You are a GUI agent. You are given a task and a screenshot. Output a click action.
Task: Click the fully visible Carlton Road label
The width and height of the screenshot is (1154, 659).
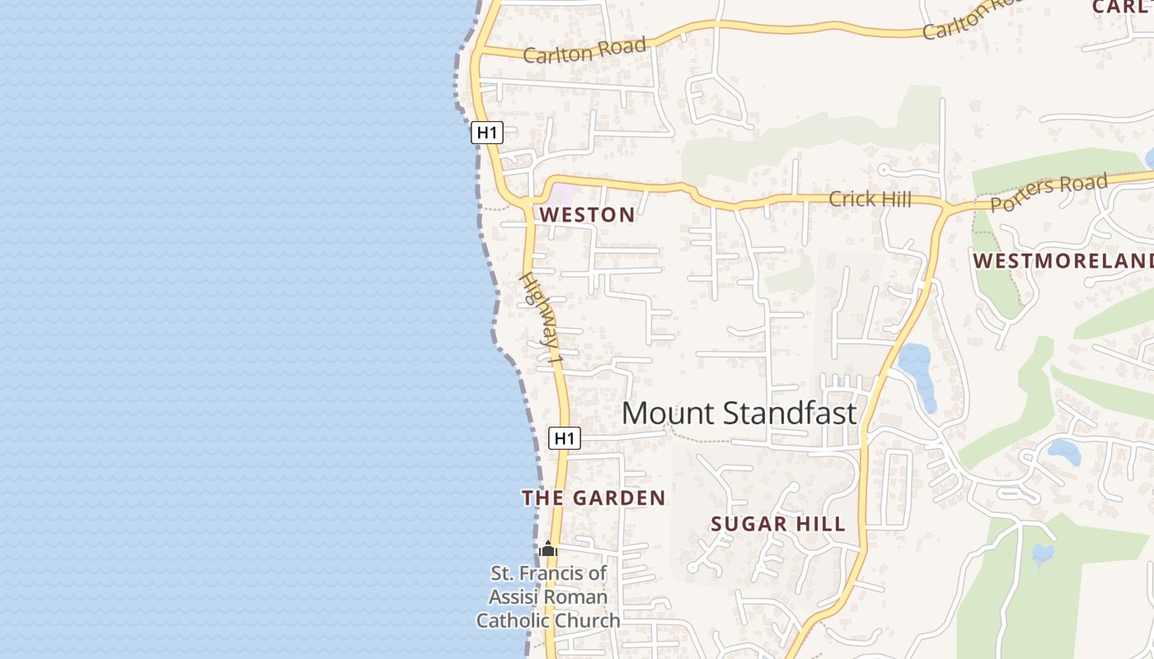(x=584, y=50)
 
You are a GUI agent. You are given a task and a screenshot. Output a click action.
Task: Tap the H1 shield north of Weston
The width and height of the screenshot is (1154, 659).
(x=487, y=132)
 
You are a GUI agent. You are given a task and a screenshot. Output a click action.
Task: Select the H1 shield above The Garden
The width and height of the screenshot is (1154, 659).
(x=564, y=438)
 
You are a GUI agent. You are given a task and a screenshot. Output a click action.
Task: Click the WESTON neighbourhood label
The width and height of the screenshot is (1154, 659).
(x=587, y=215)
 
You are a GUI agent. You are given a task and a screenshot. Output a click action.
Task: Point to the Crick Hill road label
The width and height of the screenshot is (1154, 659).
(x=870, y=199)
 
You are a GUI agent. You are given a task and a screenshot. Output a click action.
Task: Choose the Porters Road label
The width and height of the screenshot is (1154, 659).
(x=1048, y=193)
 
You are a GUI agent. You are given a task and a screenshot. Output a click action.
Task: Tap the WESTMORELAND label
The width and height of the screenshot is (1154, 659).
(x=1063, y=261)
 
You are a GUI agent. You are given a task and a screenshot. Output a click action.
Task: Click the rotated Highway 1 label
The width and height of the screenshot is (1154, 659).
(x=542, y=320)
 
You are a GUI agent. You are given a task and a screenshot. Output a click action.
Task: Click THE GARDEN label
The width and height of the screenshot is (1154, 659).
(x=593, y=498)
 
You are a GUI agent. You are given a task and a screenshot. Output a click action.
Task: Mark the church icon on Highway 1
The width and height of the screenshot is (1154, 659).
(x=548, y=549)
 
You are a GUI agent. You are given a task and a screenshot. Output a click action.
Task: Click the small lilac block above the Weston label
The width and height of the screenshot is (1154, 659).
(x=561, y=194)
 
